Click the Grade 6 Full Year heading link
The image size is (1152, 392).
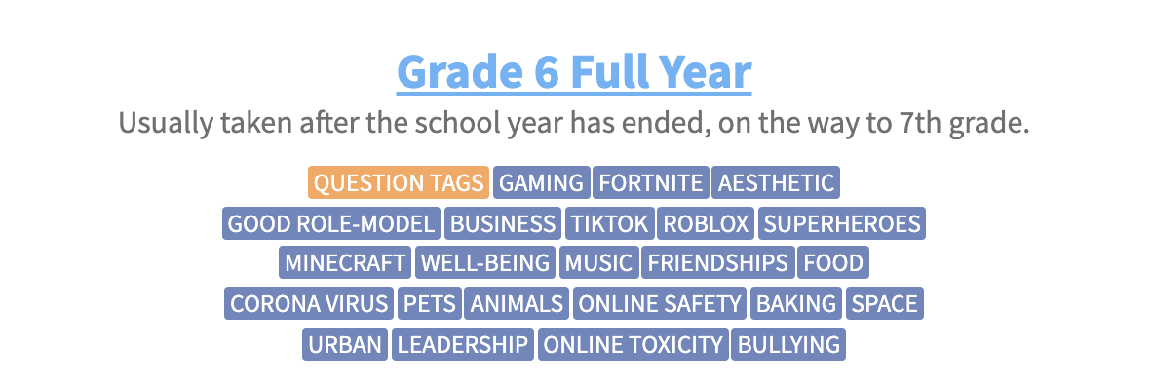[x=574, y=71]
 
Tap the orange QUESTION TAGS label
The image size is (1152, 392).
[x=399, y=182]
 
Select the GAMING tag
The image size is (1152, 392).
[x=542, y=182]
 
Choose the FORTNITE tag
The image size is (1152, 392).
[x=651, y=182]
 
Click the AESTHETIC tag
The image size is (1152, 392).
[x=776, y=182]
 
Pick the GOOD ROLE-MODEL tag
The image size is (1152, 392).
[x=331, y=223]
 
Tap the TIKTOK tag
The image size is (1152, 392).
[x=610, y=223]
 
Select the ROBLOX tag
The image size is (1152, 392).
[x=706, y=223]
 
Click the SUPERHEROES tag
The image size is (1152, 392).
[x=842, y=223]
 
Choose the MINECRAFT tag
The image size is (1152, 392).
[x=345, y=262]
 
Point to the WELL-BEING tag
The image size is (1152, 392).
[x=485, y=262]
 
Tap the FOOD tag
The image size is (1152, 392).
[x=834, y=262]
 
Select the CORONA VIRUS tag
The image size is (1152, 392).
[x=309, y=303]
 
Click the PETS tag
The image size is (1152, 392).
[x=430, y=303]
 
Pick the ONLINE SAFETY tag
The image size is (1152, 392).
[x=660, y=303]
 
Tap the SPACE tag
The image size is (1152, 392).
[x=885, y=303]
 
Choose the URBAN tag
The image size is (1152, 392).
[x=345, y=344]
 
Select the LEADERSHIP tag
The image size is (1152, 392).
[x=463, y=344]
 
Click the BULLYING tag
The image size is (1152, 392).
[x=789, y=344]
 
